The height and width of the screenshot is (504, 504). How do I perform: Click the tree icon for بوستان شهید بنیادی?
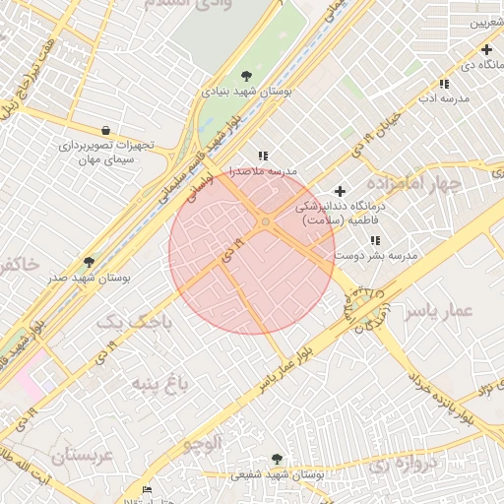click(246, 76)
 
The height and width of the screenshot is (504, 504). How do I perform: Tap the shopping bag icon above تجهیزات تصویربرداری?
click(105, 130)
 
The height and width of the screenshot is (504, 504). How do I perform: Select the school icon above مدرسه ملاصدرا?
click(263, 156)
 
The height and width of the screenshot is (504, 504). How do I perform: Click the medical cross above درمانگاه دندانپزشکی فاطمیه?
click(341, 191)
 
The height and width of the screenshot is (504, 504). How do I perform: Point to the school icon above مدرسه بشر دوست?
click(375, 240)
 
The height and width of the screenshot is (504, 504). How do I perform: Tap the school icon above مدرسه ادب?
click(444, 84)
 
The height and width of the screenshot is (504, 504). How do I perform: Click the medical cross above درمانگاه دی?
click(486, 49)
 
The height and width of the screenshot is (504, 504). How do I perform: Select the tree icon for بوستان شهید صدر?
click(90, 263)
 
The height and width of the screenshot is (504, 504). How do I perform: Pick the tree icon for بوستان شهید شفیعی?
click(277, 459)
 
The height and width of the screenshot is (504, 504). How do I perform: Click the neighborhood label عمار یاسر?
click(438, 311)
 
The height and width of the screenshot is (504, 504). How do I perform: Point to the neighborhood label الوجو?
click(203, 444)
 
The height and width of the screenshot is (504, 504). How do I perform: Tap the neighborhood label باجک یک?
click(137, 321)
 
